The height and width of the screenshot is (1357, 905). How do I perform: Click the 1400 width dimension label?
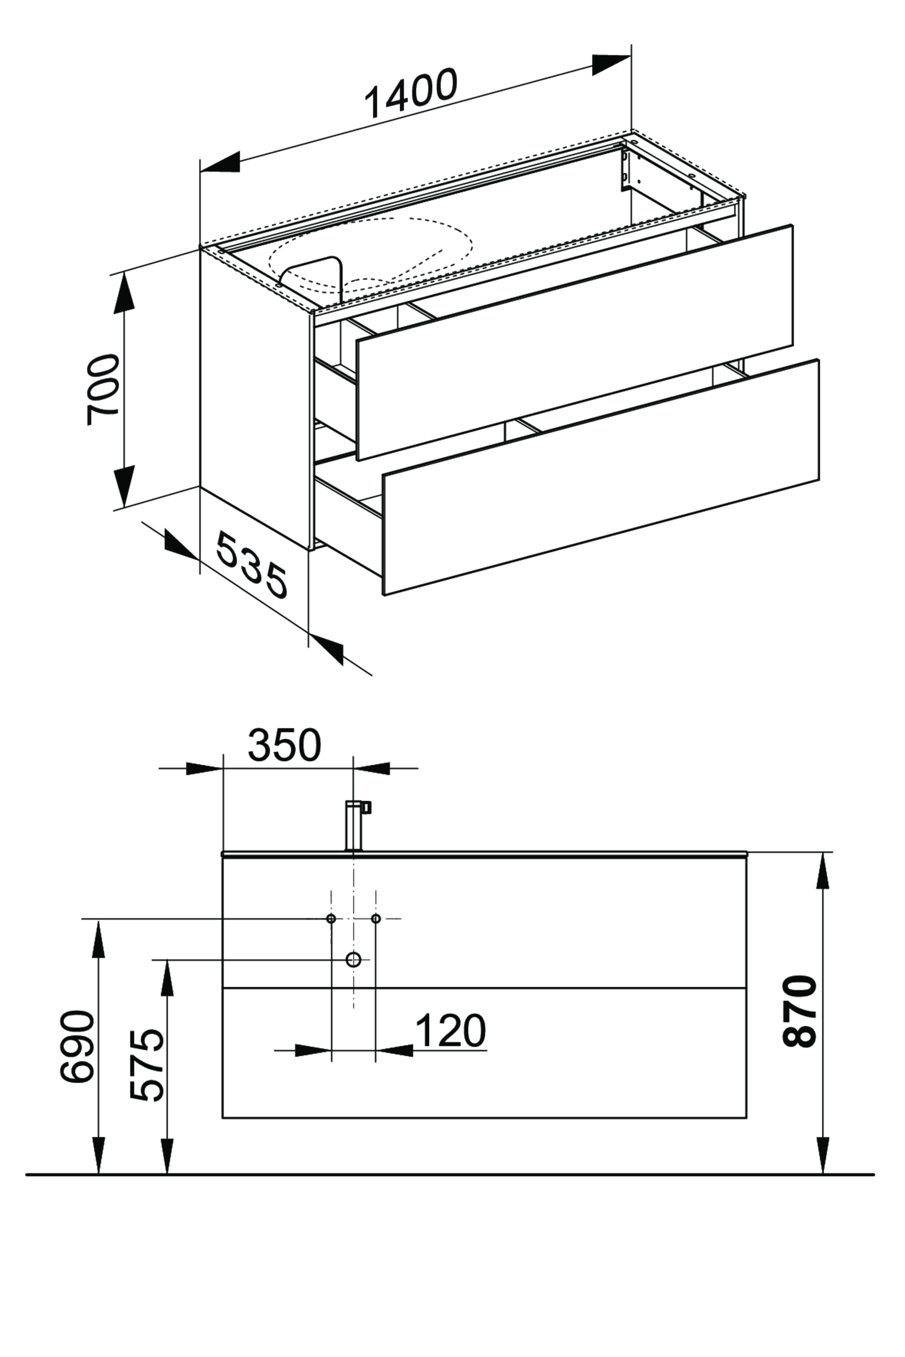click(x=411, y=93)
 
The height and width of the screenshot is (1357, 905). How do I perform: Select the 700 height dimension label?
click(x=103, y=390)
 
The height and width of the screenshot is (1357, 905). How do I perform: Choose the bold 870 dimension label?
click(x=800, y=1011)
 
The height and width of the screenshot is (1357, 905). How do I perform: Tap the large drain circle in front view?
click(x=353, y=960)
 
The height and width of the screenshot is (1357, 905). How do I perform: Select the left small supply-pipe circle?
click(x=331, y=918)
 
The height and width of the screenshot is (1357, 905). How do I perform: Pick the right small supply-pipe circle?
click(x=376, y=918)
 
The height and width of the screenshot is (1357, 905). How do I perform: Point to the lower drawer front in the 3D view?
click(x=600, y=476)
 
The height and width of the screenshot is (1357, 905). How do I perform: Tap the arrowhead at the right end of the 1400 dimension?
click(x=611, y=64)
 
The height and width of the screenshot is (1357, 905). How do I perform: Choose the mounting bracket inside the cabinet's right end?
click(x=624, y=170)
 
